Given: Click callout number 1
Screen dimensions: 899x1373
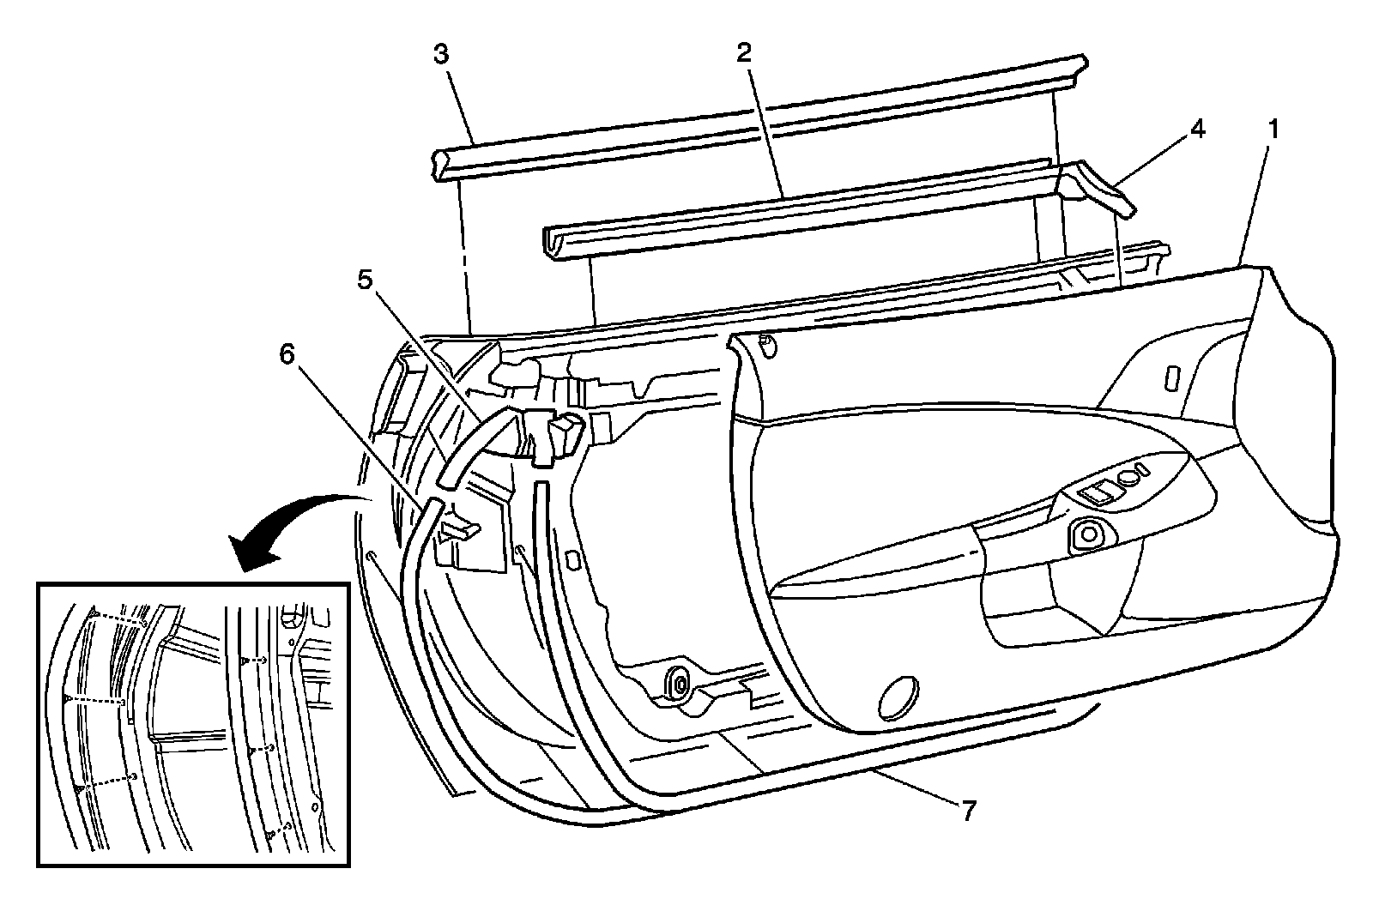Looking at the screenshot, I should click(x=1274, y=130).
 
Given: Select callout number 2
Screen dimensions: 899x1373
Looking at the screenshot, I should click(x=743, y=52).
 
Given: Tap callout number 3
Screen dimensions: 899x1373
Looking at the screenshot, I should click(x=440, y=55).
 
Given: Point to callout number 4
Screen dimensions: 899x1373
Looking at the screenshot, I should click(x=1196, y=130).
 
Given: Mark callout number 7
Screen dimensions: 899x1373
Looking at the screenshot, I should click(x=968, y=811).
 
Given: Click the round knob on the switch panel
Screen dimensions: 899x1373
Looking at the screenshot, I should click(x=1089, y=534).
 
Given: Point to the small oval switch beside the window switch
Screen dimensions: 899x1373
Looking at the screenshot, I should click(x=1136, y=469).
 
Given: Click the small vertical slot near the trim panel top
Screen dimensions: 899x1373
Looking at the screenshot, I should click(x=1173, y=378).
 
